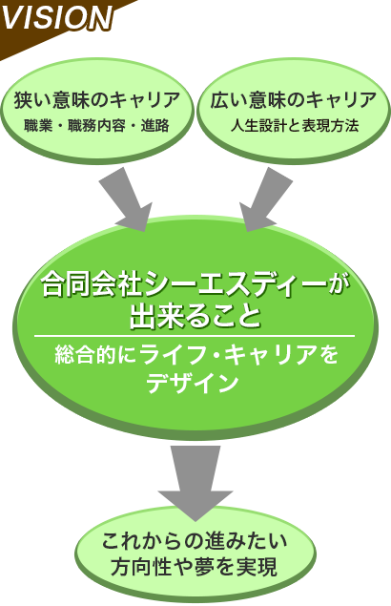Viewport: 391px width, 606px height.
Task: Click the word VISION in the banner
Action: pyautogui.click(x=57, y=16)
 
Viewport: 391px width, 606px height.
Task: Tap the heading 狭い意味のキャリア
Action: pyautogui.click(x=97, y=100)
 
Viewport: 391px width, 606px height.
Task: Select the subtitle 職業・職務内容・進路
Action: pyautogui.click(x=96, y=126)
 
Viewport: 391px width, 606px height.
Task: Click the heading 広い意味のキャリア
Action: pyautogui.click(x=294, y=100)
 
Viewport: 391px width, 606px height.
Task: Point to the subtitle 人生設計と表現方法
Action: pyautogui.click(x=295, y=126)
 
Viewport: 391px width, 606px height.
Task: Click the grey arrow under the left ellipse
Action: pyautogui.click(x=127, y=199)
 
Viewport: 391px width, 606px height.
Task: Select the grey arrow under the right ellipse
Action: pyautogui.click(x=265, y=199)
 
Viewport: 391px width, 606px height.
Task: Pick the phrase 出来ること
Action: pyautogui.click(x=195, y=317)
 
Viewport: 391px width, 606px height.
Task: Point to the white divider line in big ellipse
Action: pyautogui.click(x=195, y=336)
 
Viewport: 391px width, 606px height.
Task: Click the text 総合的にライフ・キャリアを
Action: pyautogui.click(x=196, y=355)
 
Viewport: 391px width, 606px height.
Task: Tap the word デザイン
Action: pyautogui.click(x=192, y=383)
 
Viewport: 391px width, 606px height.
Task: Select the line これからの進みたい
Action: pyautogui.click(x=195, y=541)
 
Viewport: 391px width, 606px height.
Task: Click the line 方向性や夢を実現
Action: pyautogui.click(x=195, y=568)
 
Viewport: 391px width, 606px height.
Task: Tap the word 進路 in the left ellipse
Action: pyautogui.click(x=154, y=126)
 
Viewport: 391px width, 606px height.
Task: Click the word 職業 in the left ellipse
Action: pyautogui.click(x=38, y=126)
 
